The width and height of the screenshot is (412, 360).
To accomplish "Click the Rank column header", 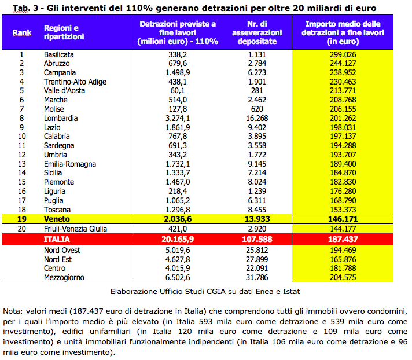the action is pos(22,32).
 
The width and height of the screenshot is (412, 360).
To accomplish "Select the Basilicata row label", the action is pos(59,54).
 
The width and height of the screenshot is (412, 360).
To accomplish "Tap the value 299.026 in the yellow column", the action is pos(343,54).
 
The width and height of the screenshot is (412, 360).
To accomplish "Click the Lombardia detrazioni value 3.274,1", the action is pos(178,118).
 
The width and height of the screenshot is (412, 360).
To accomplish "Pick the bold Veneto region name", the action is pos(57,219).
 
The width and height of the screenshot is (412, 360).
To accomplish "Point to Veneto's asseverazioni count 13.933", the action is pos(257,219).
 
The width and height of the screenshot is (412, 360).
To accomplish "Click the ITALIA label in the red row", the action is pos(57,239).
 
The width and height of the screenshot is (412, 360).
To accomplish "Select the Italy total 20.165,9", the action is pos(178,239).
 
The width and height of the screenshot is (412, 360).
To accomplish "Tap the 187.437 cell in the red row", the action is pos(343,239).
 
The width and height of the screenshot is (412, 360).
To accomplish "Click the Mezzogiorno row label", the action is pos(64,277).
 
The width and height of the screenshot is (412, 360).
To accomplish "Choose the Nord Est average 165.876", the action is pos(343,260).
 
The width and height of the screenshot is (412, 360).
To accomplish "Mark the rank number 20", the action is pos(22,229).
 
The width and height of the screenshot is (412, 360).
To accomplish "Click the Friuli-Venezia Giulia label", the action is pos(75,229).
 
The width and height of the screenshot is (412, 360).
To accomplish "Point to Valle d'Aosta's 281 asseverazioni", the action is pos(257,91).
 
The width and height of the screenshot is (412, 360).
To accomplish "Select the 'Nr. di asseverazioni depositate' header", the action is pos(257,32).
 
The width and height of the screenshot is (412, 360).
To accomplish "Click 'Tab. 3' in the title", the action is pos(25,9).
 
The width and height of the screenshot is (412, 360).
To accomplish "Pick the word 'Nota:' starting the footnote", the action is pos(13,311).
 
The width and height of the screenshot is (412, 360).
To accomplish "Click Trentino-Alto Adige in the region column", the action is pos(75,82).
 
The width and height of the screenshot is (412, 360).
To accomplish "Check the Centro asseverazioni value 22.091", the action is pos(257,269).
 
